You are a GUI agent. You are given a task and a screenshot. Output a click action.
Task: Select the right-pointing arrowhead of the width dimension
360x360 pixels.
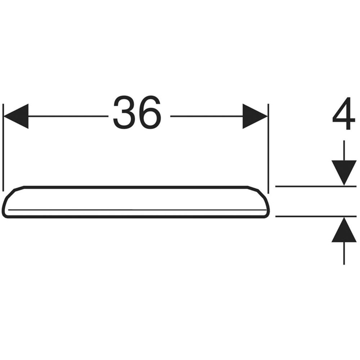point(255,116)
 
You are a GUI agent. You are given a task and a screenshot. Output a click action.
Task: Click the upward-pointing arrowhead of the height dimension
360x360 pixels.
point(344,229)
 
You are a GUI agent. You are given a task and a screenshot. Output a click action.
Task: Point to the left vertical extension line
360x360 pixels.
point(3,147)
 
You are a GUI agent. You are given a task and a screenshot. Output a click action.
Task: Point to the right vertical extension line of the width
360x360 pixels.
point(268,149)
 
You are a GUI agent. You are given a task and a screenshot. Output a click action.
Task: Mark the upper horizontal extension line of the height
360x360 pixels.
point(316,186)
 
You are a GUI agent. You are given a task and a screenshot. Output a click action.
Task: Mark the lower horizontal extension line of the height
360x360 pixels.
point(316,216)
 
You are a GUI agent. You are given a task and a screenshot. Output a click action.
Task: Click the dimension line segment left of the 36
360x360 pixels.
point(68,116)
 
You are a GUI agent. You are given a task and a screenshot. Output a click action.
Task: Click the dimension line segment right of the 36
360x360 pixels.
point(206,116)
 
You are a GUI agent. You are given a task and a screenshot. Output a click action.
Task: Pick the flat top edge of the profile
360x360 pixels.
point(136,187)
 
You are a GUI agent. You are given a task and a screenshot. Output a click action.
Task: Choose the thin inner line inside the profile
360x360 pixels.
point(137,210)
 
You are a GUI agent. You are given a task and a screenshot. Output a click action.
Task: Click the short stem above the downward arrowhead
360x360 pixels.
point(344,150)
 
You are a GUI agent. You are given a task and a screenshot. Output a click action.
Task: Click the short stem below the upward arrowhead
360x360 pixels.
point(344,253)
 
